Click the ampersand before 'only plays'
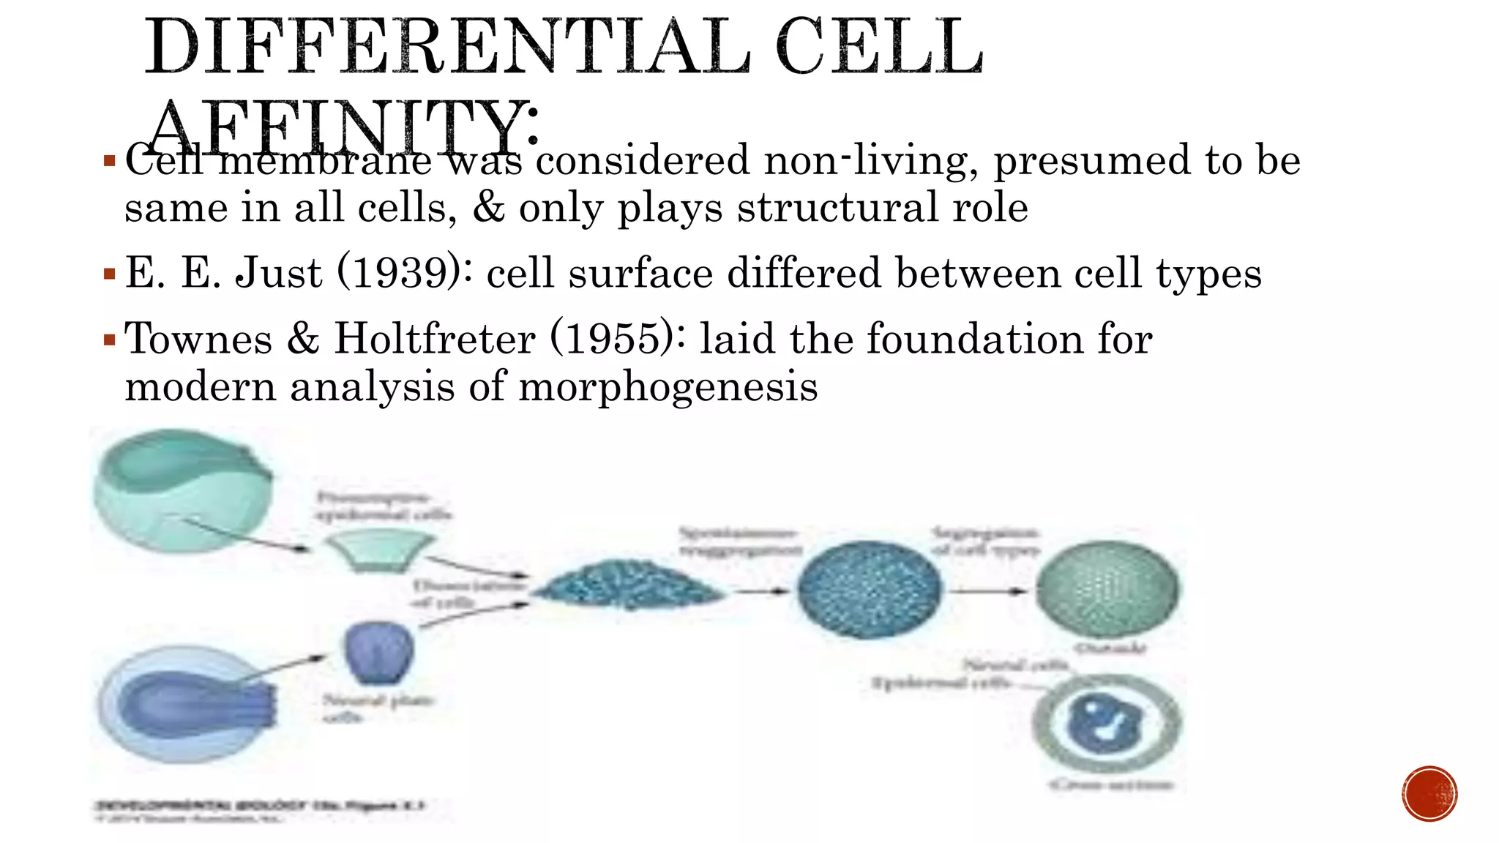[x=488, y=207]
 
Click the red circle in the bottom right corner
[x=1429, y=793]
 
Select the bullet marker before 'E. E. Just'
[x=110, y=274]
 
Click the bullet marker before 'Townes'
[x=110, y=340]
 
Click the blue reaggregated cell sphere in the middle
[x=869, y=590]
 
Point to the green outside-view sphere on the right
[x=1107, y=590]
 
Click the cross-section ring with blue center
[x=1107, y=724]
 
